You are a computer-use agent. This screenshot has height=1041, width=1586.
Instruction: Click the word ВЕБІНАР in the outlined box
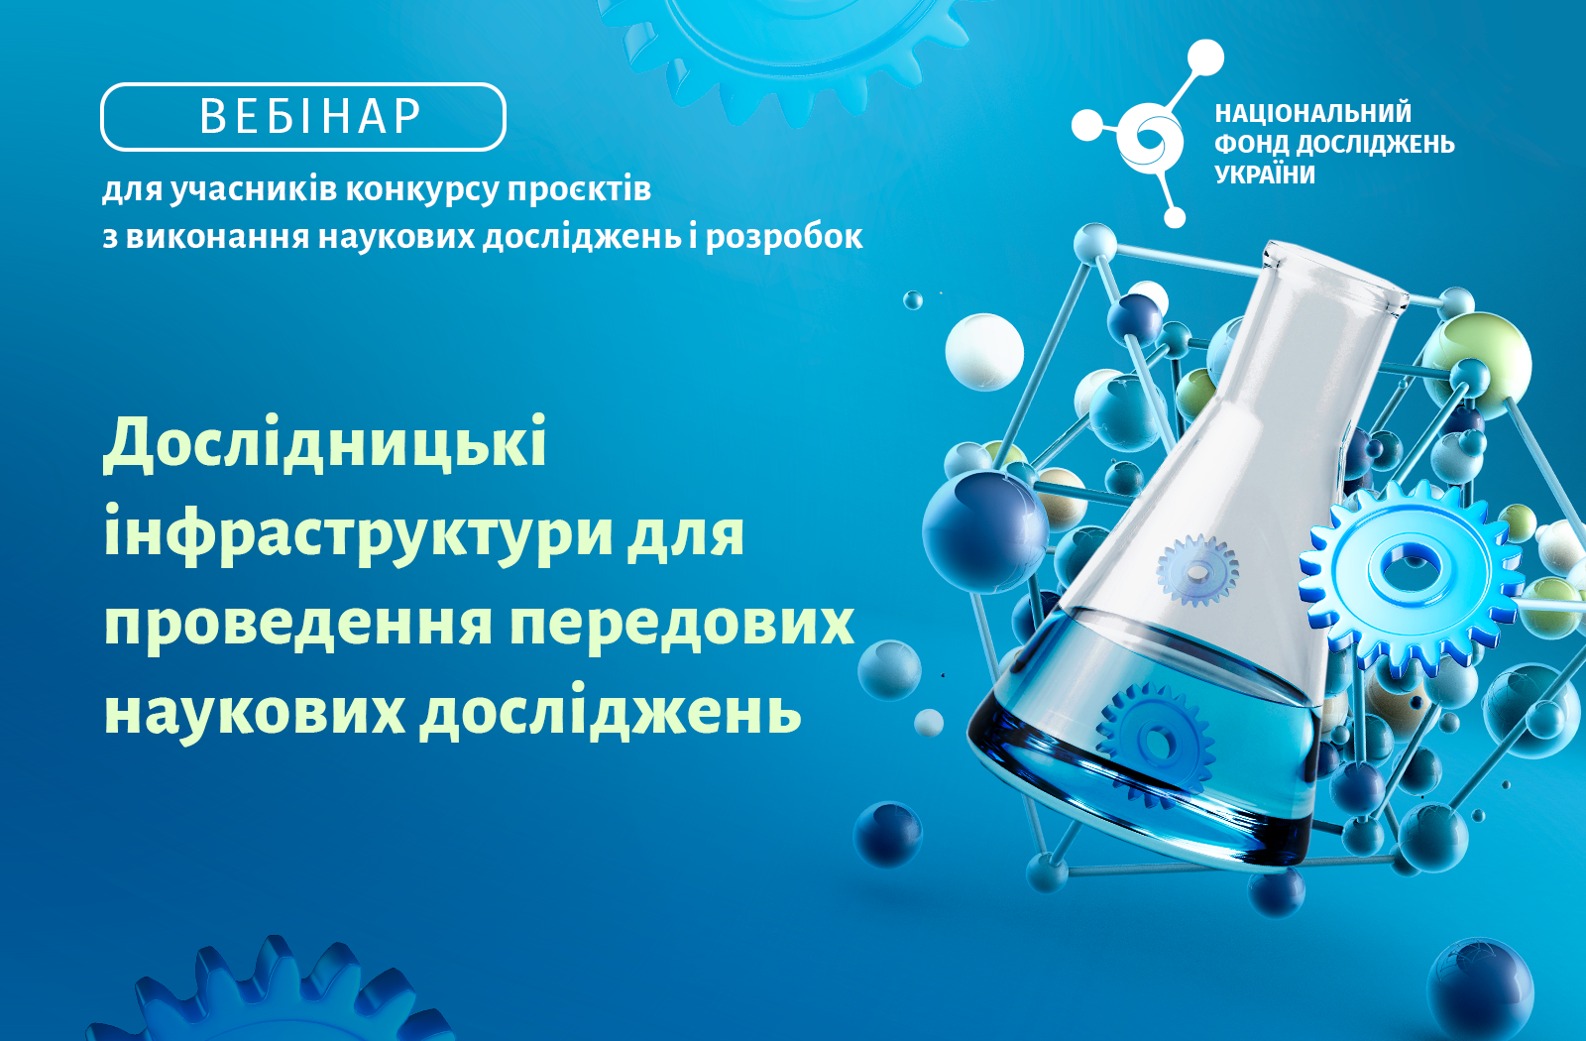(x=310, y=116)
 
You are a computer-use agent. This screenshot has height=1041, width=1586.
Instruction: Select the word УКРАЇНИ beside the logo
(x=1265, y=174)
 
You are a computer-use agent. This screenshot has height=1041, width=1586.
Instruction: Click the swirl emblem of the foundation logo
(x=1151, y=138)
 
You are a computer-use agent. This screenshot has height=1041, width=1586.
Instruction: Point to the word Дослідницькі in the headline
(x=325, y=444)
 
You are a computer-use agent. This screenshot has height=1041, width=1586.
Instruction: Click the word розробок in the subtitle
(x=784, y=237)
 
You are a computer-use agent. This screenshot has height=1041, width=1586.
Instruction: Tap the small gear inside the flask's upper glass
(x=1197, y=570)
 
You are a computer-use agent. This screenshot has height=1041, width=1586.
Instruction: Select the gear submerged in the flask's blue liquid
(x=1156, y=743)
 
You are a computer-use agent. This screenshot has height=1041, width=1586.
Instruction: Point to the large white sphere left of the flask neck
(x=984, y=352)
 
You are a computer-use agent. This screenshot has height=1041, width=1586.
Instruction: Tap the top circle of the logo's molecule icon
(x=1204, y=58)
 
